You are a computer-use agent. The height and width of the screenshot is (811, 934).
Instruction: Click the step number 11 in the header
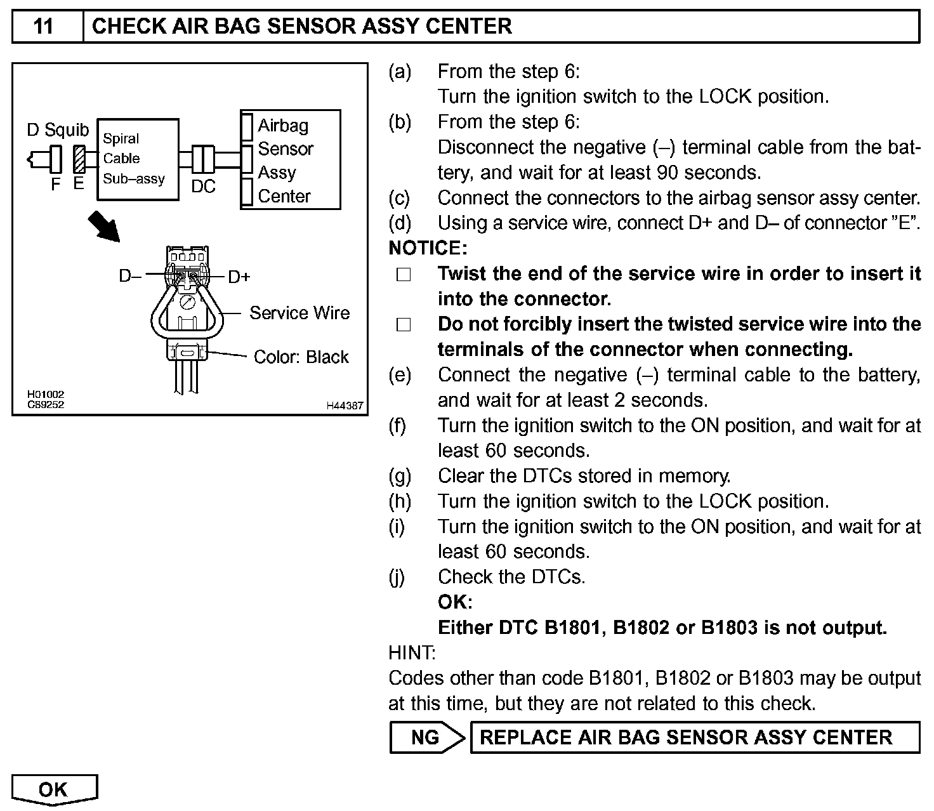point(43,27)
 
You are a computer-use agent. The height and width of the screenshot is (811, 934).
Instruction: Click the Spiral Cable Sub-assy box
point(138,159)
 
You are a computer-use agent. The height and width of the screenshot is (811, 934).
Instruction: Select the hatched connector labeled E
point(79,159)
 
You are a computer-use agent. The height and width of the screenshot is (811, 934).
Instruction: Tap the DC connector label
point(203,186)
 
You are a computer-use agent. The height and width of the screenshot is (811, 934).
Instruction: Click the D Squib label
point(58,130)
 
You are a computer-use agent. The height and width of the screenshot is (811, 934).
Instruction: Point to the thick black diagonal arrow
point(103,226)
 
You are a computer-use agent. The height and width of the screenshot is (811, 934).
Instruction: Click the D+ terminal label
point(239,277)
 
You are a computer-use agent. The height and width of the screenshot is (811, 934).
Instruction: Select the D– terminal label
point(130,277)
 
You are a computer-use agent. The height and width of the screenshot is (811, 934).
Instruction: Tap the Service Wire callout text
point(299,313)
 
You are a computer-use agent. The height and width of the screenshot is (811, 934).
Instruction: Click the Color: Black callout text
point(301,357)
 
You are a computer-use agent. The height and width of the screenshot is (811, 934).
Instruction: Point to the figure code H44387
point(345,406)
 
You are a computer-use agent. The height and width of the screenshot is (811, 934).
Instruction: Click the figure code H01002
point(45,395)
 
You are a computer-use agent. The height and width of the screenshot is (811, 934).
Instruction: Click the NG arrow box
point(426,737)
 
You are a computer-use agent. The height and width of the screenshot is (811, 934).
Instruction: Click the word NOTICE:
point(428,248)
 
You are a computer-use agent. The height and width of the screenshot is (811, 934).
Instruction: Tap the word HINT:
point(412,652)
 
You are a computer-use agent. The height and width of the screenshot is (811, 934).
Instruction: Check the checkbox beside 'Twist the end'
point(404,275)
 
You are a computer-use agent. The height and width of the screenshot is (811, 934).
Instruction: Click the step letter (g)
point(400,476)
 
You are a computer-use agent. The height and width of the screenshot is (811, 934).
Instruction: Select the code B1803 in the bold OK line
point(729,628)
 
